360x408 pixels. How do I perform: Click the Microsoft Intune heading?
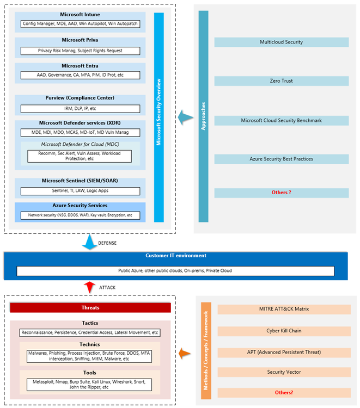[x=80, y=15]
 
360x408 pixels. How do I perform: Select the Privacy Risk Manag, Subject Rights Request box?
[x=80, y=51]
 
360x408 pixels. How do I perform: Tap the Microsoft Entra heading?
[x=80, y=66]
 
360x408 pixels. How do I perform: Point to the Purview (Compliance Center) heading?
[x=80, y=98]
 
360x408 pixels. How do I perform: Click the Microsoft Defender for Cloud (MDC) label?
[x=80, y=144]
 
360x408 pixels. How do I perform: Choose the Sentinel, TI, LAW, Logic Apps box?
[x=80, y=191]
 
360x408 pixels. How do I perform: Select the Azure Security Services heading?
[x=80, y=206]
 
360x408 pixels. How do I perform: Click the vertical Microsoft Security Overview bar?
[x=158, y=118]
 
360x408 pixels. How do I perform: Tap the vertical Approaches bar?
[x=203, y=116]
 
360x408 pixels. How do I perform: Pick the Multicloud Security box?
[x=281, y=42]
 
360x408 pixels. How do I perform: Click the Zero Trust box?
[x=281, y=81]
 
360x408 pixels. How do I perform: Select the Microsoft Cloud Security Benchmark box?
[x=281, y=120]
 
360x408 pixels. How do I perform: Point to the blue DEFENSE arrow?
[x=88, y=243]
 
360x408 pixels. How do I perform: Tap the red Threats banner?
[x=90, y=308]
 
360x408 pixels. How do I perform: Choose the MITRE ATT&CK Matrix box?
[x=284, y=309]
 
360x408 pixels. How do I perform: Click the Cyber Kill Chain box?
[x=284, y=331]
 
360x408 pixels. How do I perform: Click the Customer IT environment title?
[x=176, y=256]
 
